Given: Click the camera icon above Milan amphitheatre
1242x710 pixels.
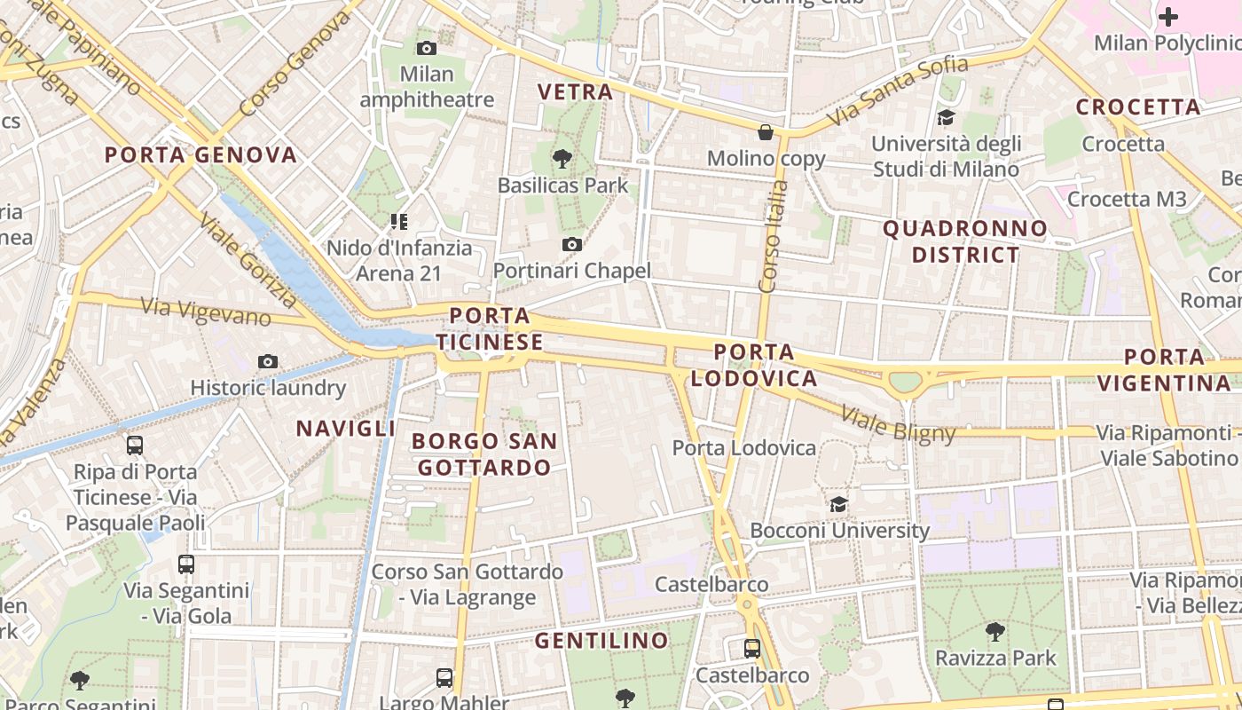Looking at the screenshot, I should click(x=427, y=49).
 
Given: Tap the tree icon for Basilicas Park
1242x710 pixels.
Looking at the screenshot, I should click(x=562, y=159).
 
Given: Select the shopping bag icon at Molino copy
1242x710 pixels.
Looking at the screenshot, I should click(x=766, y=132).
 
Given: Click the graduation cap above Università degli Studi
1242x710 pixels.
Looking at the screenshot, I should click(x=946, y=117).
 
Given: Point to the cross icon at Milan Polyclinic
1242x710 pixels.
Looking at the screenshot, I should click(x=1168, y=16).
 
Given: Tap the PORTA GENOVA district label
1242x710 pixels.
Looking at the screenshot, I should click(x=200, y=154).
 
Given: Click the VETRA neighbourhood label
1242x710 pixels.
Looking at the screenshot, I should click(x=575, y=91).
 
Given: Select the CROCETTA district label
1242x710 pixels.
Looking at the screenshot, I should click(x=1138, y=107).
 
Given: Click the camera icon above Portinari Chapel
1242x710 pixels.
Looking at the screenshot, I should click(x=572, y=244).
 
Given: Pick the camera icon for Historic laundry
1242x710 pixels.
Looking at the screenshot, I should click(x=268, y=361).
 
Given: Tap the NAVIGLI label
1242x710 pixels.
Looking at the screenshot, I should click(x=345, y=429).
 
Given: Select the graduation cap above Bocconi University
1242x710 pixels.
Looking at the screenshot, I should click(x=838, y=504).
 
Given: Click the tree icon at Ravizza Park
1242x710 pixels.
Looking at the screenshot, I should click(x=995, y=632).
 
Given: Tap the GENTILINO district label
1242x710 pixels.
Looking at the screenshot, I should click(x=601, y=641).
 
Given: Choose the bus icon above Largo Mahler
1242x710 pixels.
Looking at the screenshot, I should click(x=444, y=678).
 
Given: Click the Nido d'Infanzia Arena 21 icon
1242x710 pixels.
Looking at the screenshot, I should click(x=398, y=221).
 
